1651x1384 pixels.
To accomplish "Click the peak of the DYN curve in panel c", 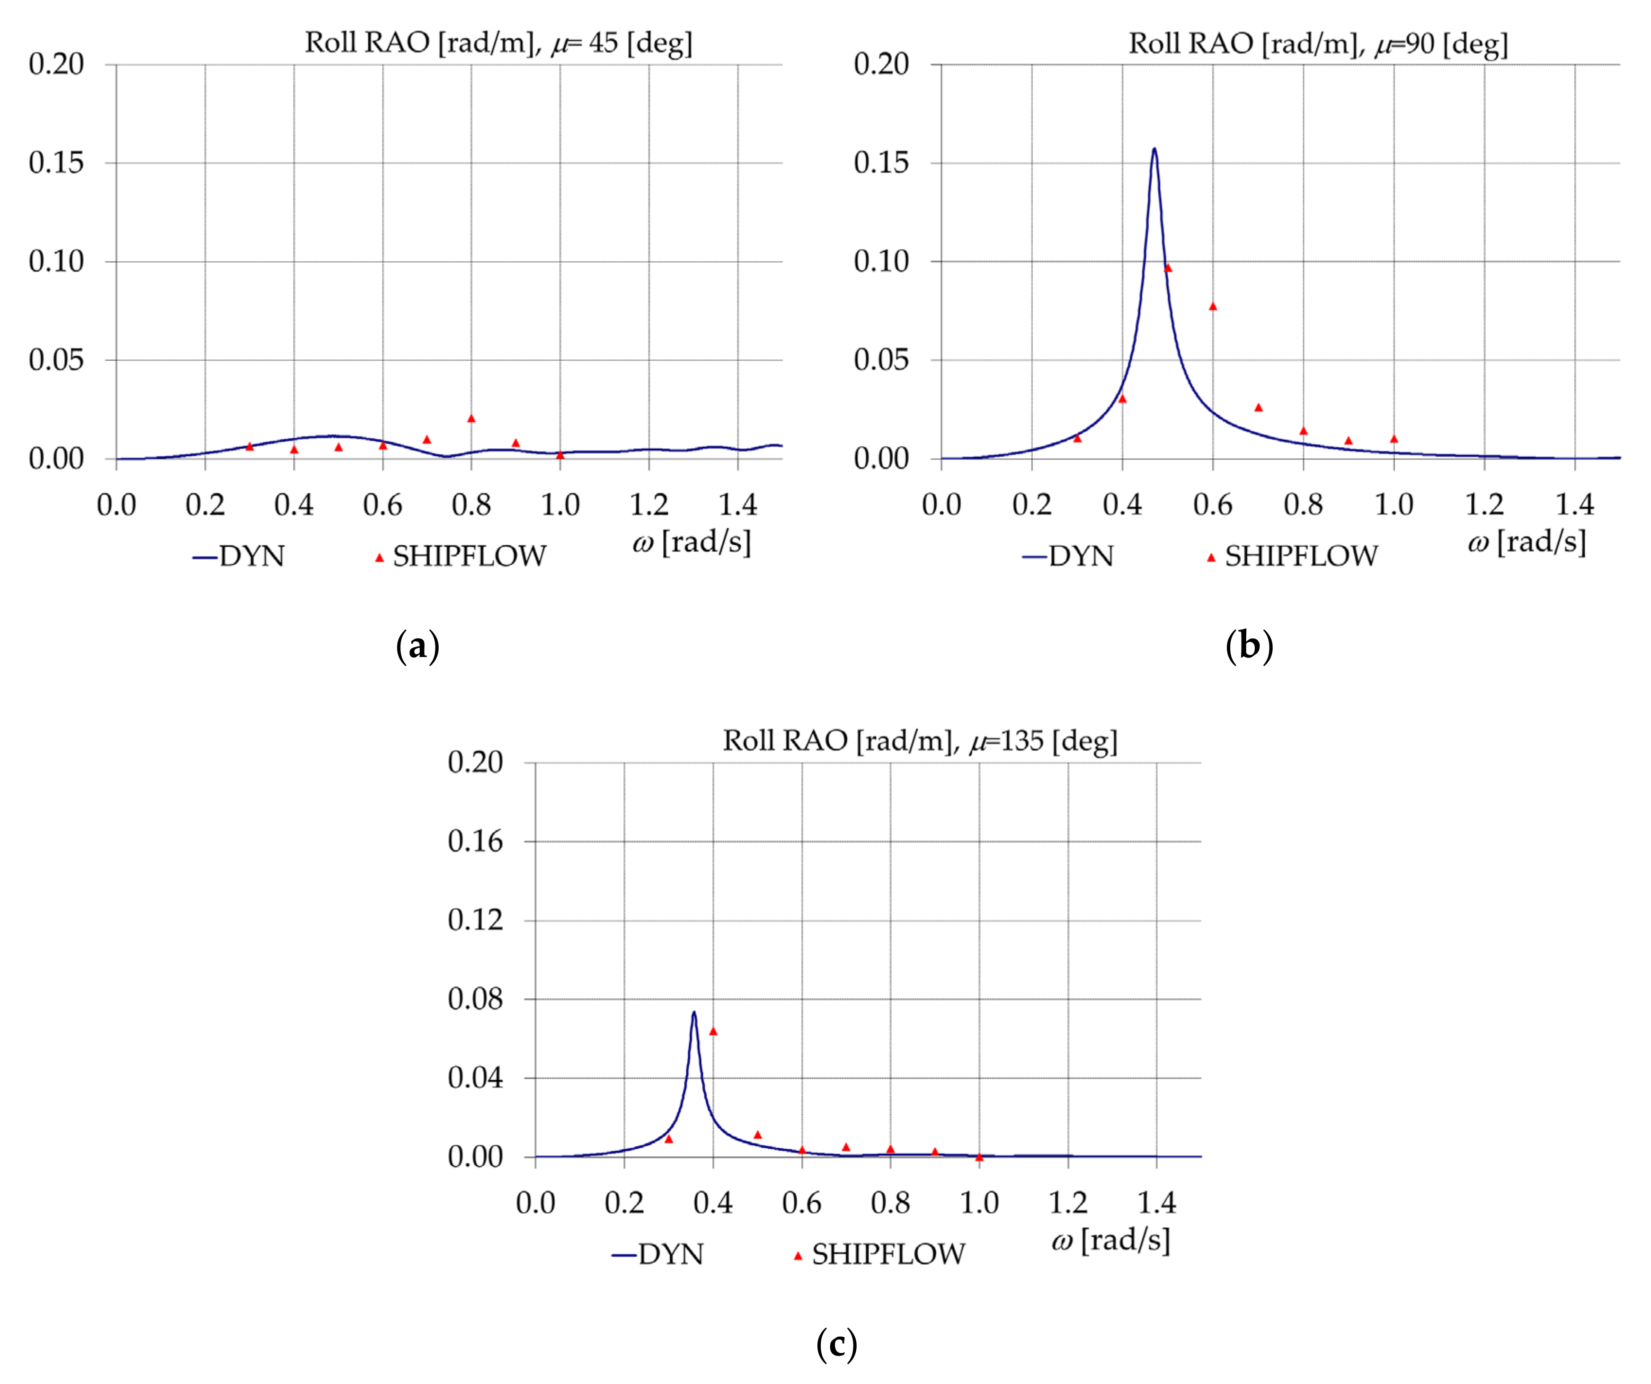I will tap(694, 1013).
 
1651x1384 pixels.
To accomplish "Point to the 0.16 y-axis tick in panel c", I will tap(475, 842).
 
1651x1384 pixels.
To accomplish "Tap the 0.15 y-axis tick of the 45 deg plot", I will tap(56, 163).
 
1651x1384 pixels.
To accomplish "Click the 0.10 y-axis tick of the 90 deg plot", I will tap(881, 261).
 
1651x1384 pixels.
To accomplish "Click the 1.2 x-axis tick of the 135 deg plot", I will tap(1068, 1203).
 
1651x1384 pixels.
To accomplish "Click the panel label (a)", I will tap(417, 647).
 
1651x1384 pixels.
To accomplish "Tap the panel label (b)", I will tap(1249, 647).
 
